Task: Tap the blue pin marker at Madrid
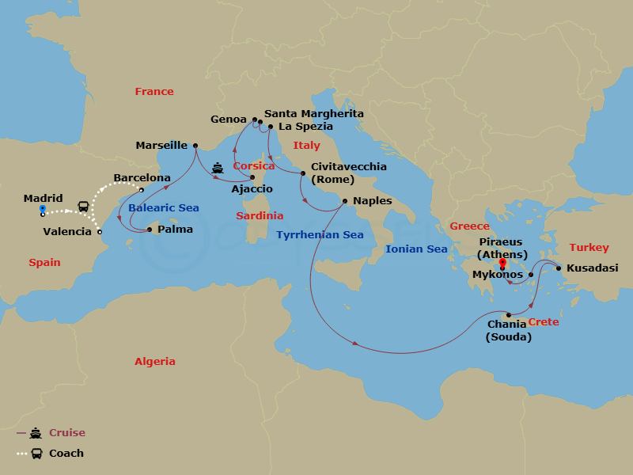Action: click(42, 211)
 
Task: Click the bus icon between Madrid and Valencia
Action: click(82, 207)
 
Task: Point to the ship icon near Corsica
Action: click(218, 168)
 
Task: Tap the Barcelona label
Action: click(142, 178)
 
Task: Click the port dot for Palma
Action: click(150, 230)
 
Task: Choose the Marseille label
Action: click(161, 145)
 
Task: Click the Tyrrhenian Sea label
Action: click(320, 234)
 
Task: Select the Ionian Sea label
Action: click(416, 249)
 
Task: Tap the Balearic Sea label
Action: click(164, 207)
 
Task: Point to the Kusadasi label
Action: click(592, 268)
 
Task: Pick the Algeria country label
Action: click(154, 361)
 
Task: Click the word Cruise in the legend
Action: click(66, 433)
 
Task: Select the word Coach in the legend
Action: click(66, 454)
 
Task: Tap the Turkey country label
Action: click(589, 247)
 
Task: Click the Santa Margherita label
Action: click(314, 114)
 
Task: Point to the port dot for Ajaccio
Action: click(252, 177)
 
